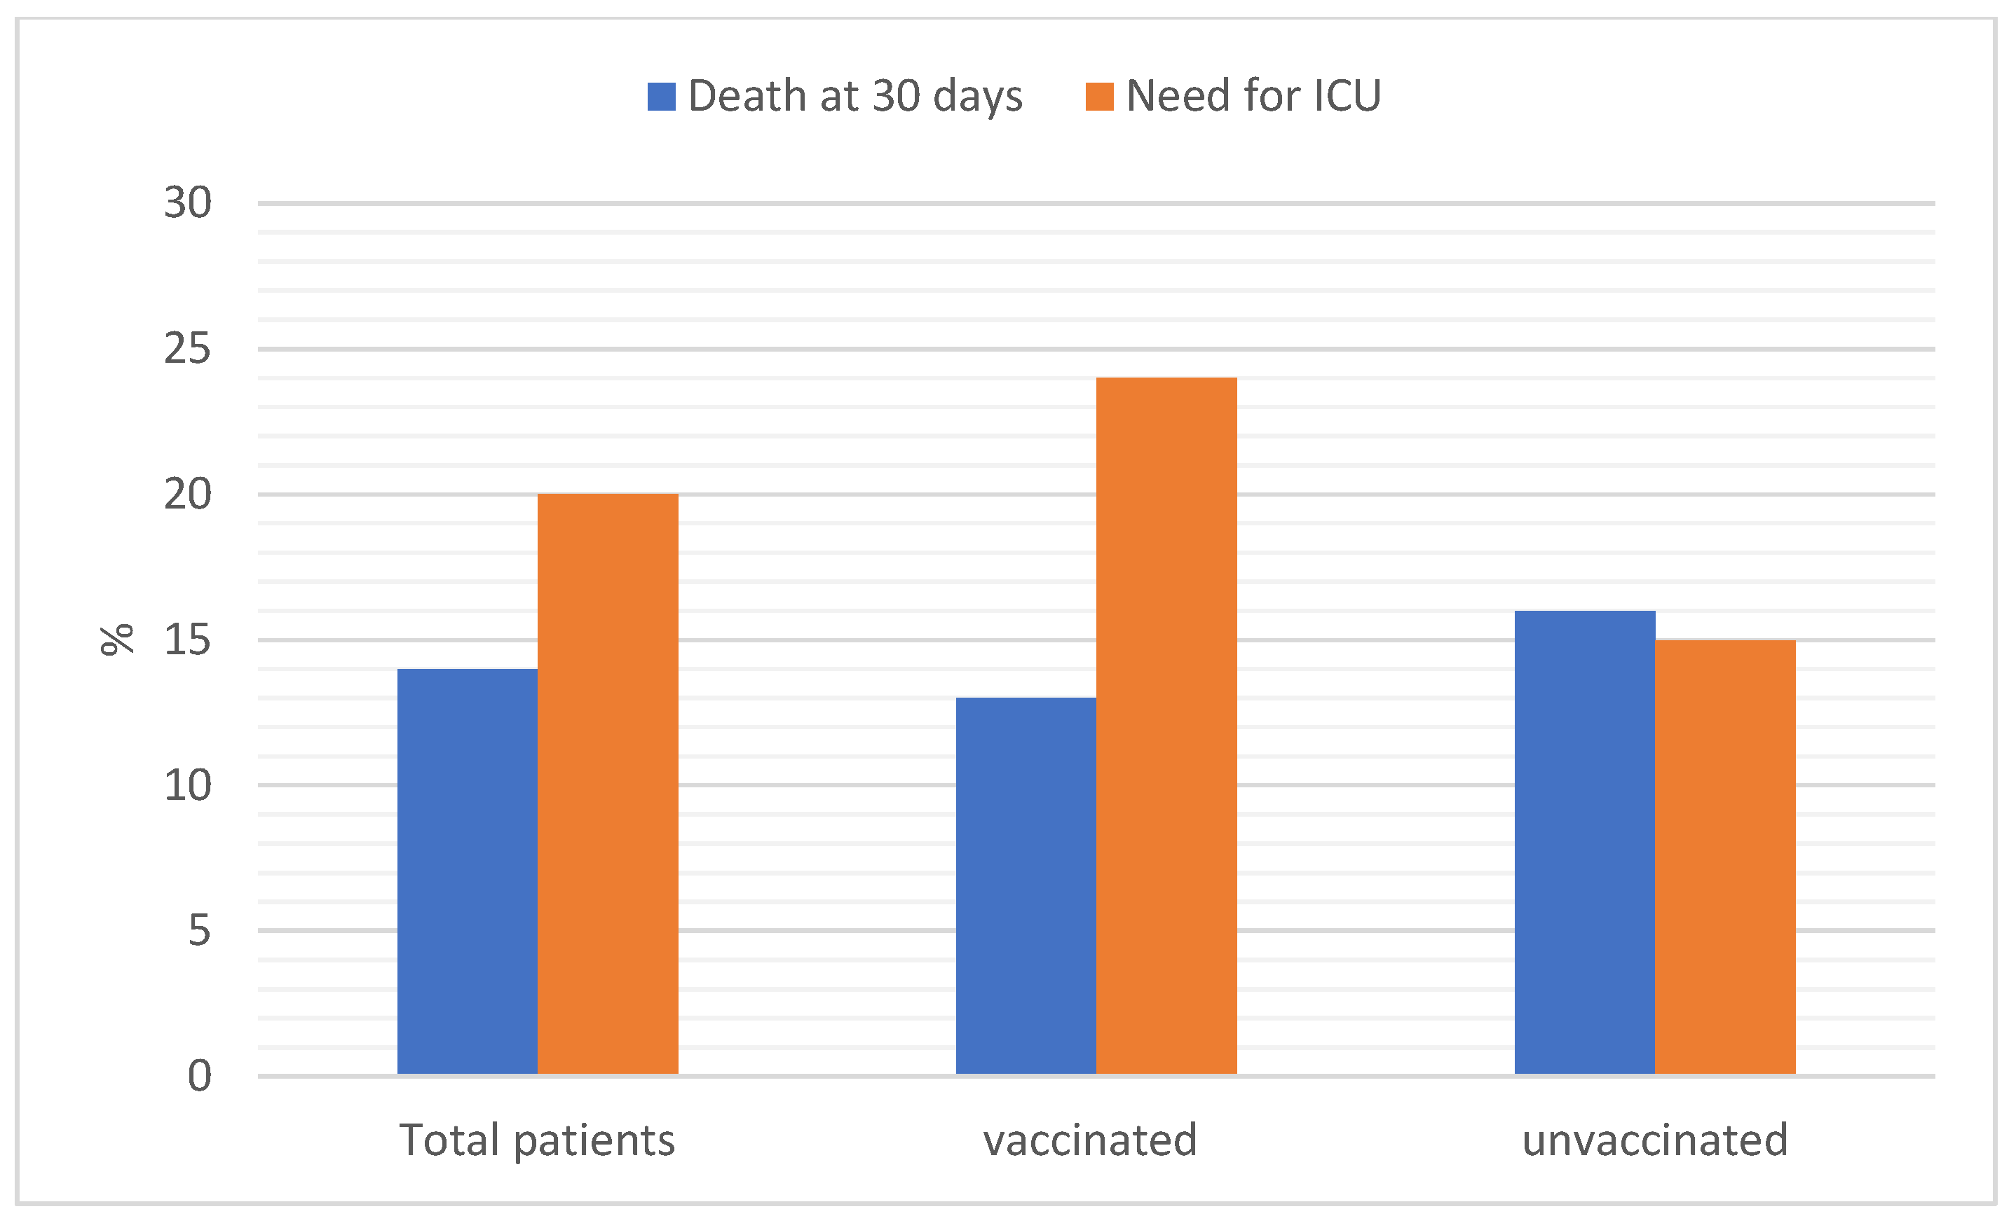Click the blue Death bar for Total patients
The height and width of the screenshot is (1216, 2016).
467,871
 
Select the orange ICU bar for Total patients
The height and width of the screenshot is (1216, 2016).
608,783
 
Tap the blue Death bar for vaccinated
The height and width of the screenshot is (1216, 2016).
1026,885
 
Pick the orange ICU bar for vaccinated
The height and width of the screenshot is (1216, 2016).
1166,726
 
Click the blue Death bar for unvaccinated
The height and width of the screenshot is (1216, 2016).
1585,842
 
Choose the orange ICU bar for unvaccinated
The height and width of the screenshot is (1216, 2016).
1724,857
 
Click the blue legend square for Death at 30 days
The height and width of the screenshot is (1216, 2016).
661,97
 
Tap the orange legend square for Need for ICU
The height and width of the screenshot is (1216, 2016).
1099,97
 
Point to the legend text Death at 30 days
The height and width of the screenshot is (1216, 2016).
855,97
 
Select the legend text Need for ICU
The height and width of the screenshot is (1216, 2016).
1253,97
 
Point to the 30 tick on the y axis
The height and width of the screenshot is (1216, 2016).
187,203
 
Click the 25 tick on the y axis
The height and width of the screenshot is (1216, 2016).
187,350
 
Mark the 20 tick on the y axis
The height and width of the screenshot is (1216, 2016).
187,494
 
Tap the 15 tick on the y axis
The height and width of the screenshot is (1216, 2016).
187,640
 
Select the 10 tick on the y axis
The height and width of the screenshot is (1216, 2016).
187,785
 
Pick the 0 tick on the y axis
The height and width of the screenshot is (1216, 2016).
199,1075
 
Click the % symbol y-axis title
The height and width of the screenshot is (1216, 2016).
117,640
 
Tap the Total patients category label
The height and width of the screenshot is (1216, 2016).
537,1140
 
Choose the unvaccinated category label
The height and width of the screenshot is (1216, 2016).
1654,1140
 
